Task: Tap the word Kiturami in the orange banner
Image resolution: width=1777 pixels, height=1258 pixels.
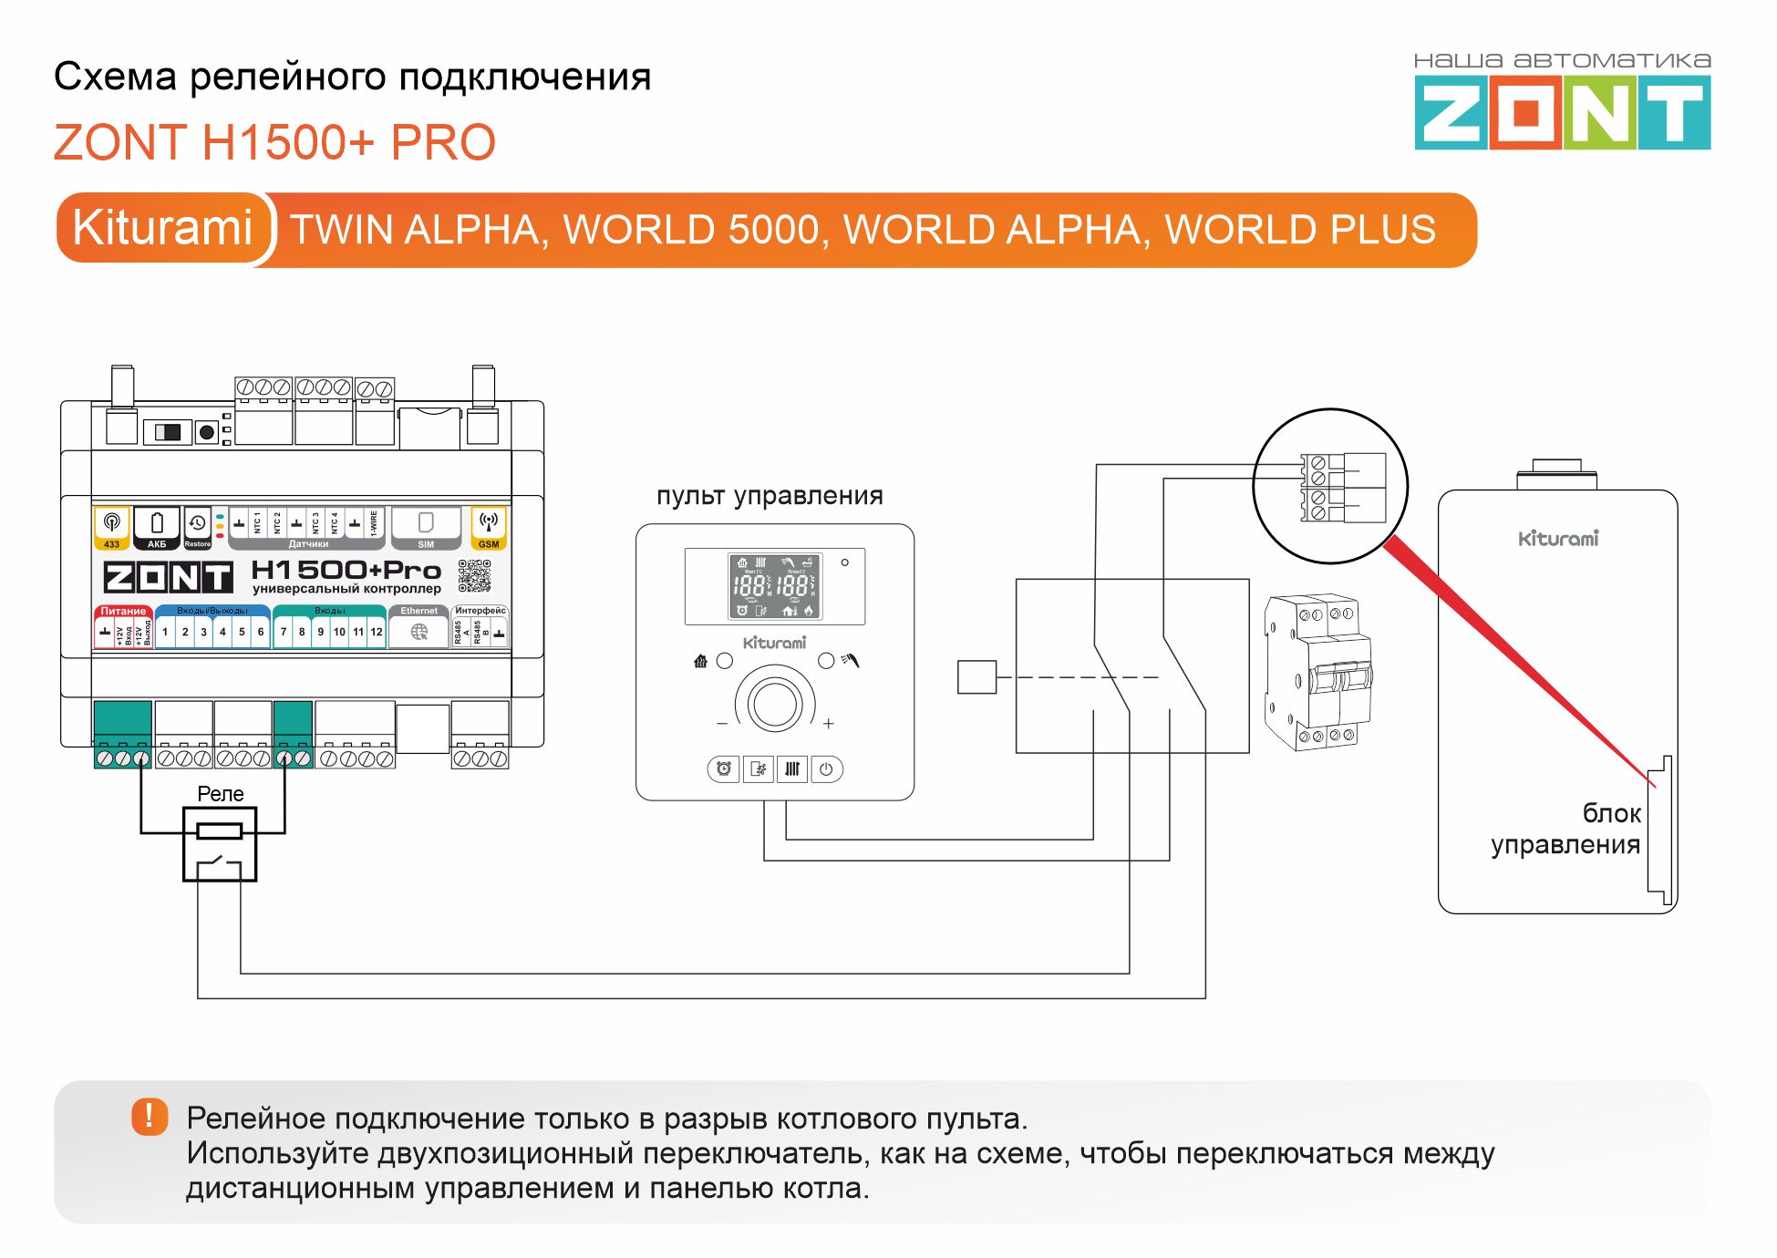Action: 162,228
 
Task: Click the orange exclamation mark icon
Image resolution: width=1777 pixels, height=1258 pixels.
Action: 150,1116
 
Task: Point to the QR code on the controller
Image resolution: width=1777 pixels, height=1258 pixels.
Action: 474,576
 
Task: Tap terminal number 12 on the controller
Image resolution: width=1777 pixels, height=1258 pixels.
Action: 377,632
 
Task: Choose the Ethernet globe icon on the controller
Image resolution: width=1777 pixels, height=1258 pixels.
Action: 419,632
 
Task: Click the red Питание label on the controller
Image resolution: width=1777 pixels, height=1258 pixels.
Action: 123,611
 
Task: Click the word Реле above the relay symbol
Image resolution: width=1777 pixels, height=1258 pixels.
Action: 221,794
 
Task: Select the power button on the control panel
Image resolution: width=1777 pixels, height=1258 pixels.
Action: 826,769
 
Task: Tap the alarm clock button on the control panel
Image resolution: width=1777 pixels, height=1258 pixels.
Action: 724,769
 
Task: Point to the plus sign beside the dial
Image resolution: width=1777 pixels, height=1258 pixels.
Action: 828,724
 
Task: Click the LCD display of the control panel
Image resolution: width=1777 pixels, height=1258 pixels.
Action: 774,586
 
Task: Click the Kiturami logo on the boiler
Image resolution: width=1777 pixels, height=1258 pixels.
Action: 1558,539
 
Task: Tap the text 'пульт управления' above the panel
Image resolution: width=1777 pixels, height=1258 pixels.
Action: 770,496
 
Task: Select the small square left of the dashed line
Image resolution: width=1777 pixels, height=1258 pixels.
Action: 976,677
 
